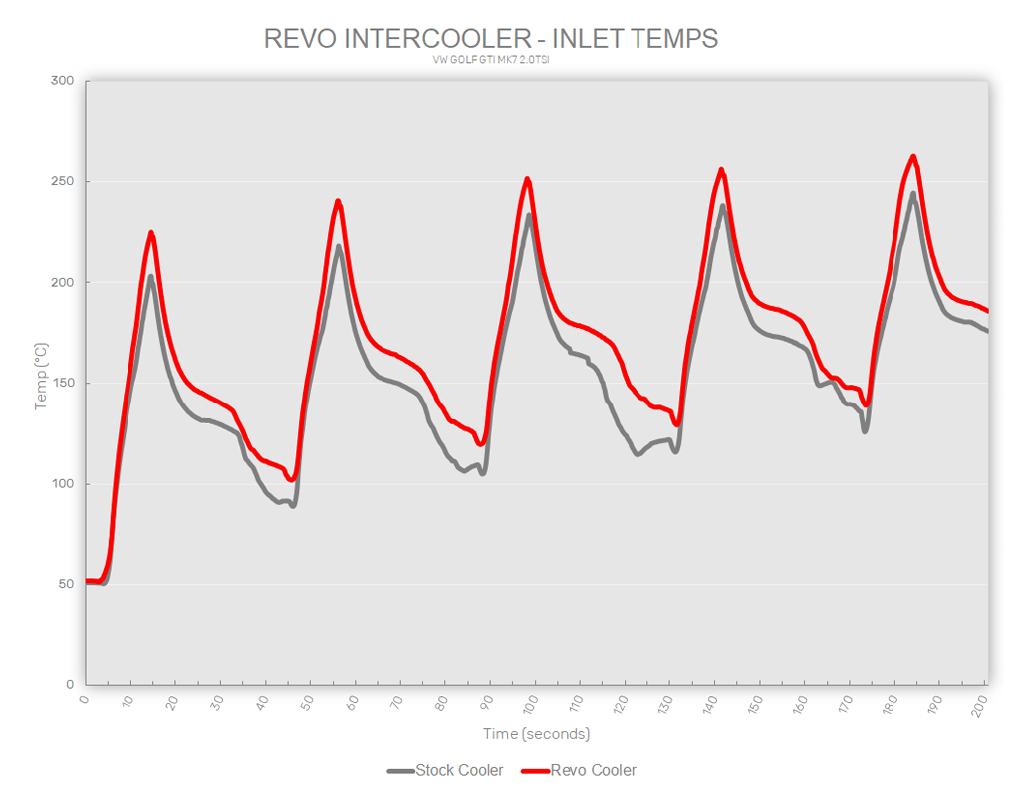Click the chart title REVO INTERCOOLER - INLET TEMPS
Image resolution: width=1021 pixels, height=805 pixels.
pyautogui.click(x=491, y=39)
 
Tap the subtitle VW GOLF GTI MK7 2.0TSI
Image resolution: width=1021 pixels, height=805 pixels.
pyautogui.click(x=491, y=60)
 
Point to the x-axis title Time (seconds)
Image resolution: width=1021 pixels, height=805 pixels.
pyautogui.click(x=537, y=734)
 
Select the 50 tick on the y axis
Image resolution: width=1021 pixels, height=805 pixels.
pyautogui.click(x=65, y=584)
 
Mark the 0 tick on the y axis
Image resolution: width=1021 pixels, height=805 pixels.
pyautogui.click(x=69, y=685)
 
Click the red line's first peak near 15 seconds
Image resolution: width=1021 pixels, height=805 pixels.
pyautogui.click(x=151, y=233)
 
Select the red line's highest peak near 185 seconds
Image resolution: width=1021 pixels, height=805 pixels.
pyautogui.click(x=913, y=156)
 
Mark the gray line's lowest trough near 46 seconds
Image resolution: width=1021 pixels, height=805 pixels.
pyautogui.click(x=293, y=505)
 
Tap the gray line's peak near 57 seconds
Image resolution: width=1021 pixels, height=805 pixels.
pyautogui.click(x=339, y=246)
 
